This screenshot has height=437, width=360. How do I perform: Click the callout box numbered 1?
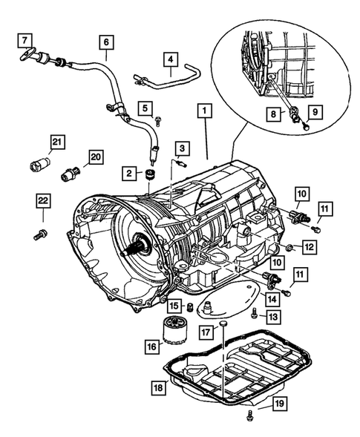(x=205, y=111)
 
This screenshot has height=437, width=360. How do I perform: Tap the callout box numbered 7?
(x=24, y=41)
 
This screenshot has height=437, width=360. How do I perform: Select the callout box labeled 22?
(x=43, y=200)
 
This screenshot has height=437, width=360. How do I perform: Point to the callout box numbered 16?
(x=152, y=346)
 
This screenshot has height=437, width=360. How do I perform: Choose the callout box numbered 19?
(x=280, y=404)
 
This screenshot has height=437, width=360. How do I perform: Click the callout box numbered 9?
(x=315, y=112)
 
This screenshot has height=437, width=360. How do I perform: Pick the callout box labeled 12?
(x=310, y=246)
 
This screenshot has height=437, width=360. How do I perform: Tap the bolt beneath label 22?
(x=41, y=234)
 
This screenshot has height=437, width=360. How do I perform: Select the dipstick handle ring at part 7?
(x=28, y=53)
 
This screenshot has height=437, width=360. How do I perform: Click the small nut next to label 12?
(x=289, y=246)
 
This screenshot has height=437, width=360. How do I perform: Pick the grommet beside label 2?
(x=150, y=174)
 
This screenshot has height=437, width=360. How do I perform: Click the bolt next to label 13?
(x=254, y=312)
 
